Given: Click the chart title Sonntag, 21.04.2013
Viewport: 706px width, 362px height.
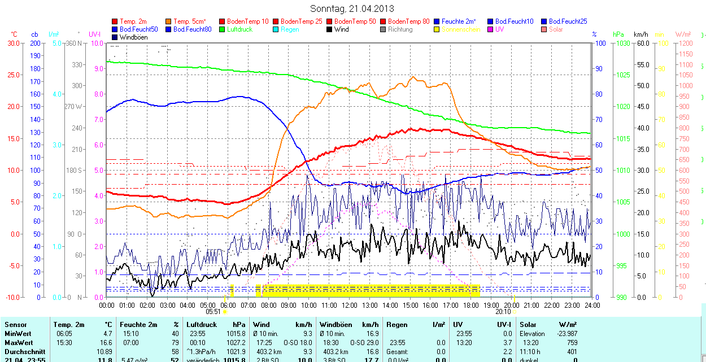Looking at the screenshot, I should [x=352, y=8].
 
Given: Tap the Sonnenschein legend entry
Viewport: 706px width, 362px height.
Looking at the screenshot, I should [x=461, y=29].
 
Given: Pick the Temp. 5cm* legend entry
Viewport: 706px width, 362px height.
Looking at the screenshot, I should [x=189, y=21].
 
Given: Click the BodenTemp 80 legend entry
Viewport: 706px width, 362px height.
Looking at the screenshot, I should [x=408, y=21].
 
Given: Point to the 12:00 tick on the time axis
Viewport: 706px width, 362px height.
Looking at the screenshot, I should [x=349, y=305].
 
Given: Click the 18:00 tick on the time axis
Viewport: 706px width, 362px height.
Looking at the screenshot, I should [x=470, y=305].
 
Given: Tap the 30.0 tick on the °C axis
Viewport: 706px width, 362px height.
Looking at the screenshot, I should [x=12, y=43].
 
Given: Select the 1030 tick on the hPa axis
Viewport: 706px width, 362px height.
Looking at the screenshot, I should [x=622, y=43].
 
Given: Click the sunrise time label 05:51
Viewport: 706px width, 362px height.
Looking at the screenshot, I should [x=212, y=311].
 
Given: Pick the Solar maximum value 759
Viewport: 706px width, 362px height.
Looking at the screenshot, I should [x=571, y=343].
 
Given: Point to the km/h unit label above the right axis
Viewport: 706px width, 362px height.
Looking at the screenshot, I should [x=640, y=34].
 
